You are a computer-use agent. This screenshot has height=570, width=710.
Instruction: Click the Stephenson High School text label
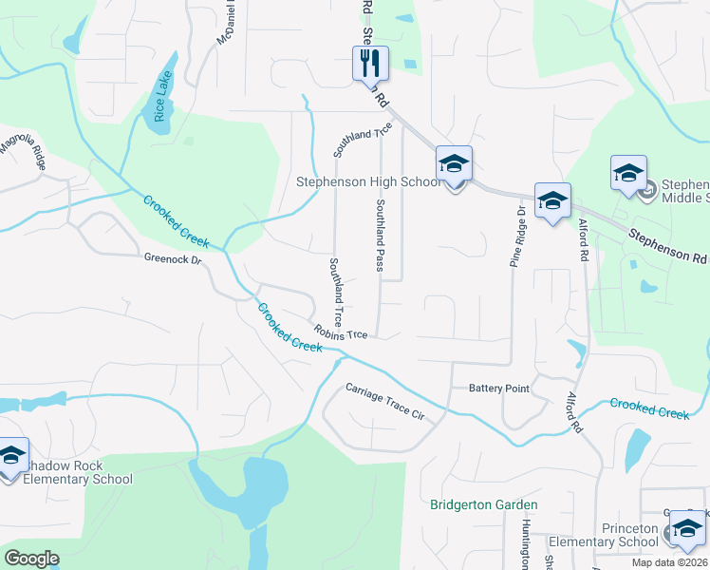367,181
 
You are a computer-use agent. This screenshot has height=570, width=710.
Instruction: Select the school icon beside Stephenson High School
454,165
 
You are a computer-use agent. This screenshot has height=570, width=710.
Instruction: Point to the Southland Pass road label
380,235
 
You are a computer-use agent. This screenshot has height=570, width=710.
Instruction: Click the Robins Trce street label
342,333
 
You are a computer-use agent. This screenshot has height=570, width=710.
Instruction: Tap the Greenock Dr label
174,258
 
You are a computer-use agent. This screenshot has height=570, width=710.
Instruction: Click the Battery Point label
498,389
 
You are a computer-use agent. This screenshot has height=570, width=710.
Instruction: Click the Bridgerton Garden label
483,504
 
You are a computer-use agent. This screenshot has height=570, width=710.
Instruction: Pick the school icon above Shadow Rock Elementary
11,457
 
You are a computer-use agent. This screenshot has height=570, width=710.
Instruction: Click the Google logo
31,559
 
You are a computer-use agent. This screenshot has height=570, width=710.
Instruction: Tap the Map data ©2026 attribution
669,562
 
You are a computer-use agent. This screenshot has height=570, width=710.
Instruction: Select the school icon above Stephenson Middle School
628,174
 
